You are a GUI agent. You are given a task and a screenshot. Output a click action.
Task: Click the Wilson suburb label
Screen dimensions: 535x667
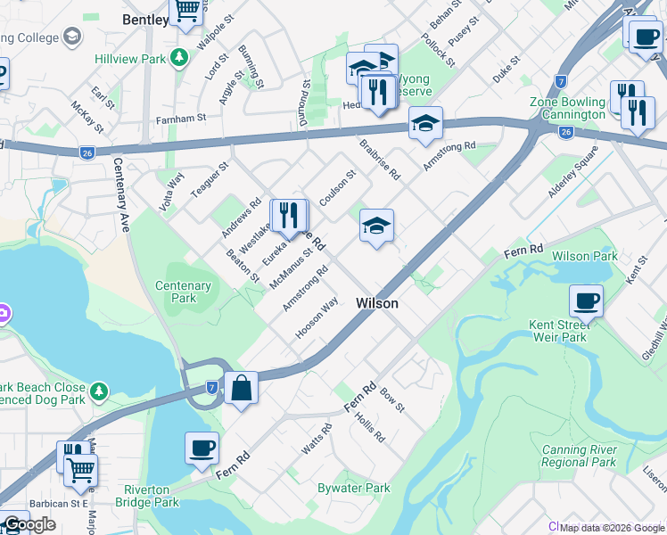tap(376, 303)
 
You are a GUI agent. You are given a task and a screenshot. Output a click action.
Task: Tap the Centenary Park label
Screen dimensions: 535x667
tap(184, 292)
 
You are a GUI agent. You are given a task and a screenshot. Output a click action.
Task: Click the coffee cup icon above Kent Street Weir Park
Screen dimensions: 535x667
tap(586, 301)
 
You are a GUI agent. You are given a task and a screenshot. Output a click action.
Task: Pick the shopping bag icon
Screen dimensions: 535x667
tap(241, 388)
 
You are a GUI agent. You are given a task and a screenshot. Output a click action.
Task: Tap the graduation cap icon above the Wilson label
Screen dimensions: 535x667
tap(376, 226)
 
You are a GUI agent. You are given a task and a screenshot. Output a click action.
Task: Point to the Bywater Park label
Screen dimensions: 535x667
tap(354, 488)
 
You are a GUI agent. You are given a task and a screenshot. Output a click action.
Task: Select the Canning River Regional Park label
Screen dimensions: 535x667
tap(579, 457)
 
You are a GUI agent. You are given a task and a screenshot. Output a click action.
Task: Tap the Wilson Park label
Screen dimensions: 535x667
tap(584, 256)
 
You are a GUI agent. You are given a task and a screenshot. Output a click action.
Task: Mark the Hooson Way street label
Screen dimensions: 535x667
tap(317, 317)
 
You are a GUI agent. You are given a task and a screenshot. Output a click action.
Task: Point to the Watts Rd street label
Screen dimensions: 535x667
tap(317, 440)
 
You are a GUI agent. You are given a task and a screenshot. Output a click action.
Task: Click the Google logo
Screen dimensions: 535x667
tap(29, 524)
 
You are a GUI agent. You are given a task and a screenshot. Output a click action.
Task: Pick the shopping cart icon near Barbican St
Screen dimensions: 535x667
tap(80, 469)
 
